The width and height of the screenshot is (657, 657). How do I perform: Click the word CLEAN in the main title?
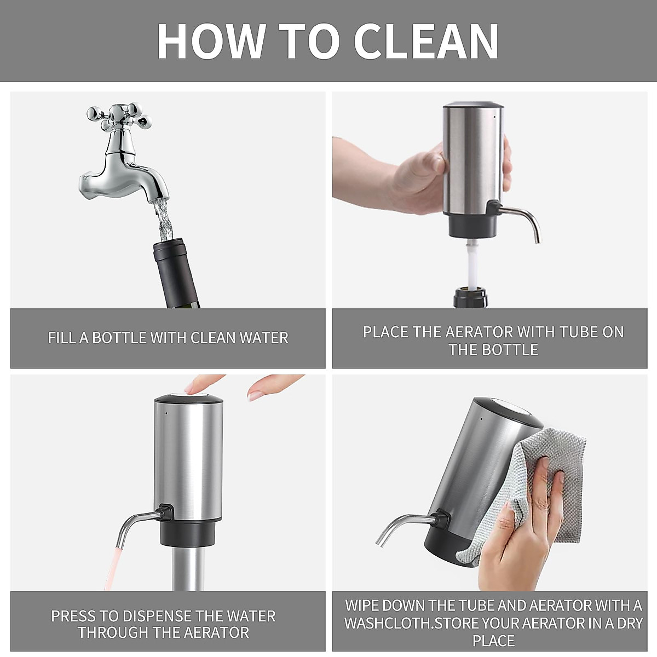tap(426, 42)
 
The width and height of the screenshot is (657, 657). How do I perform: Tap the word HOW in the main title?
tap(211, 42)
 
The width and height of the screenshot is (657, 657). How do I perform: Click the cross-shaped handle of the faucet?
tap(119, 116)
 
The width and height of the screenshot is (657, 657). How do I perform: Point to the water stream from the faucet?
tap(164, 220)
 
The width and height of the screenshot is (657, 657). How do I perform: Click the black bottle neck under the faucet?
tap(176, 273)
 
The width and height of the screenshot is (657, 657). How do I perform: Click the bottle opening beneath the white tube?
tap(470, 297)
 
